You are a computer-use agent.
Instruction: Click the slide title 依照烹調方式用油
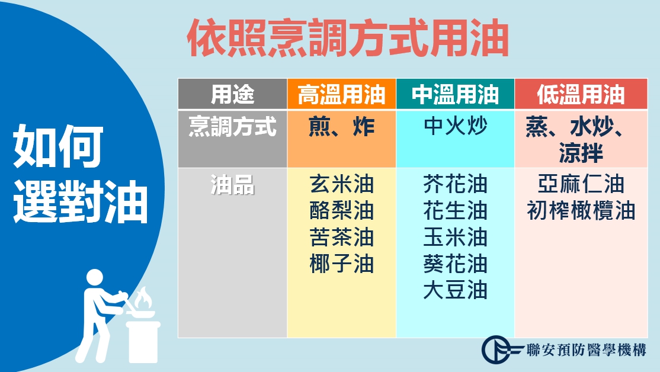point(348,39)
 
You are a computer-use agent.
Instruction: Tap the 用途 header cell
point(232,94)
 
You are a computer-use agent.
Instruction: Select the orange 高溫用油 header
point(341,94)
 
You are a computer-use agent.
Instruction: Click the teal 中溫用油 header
point(455,94)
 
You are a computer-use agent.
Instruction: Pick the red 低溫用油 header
point(581,94)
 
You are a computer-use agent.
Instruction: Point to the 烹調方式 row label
point(232,126)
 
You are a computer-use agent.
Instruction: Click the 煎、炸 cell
point(341,126)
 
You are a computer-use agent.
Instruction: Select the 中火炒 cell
point(456,126)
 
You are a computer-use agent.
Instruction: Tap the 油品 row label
point(232,185)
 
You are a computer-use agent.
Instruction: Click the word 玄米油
point(341,184)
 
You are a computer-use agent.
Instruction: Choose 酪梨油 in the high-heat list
point(341,211)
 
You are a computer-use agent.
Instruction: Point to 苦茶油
point(341,238)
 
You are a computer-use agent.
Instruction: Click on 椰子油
point(341,264)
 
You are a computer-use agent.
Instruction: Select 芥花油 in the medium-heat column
point(456,184)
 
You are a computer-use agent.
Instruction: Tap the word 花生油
point(456,211)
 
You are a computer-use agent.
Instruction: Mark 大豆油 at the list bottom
point(456,290)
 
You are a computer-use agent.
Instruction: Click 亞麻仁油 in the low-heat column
point(581,184)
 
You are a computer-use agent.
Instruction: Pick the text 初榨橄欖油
point(581,211)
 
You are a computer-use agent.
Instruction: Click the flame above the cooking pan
point(143,297)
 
